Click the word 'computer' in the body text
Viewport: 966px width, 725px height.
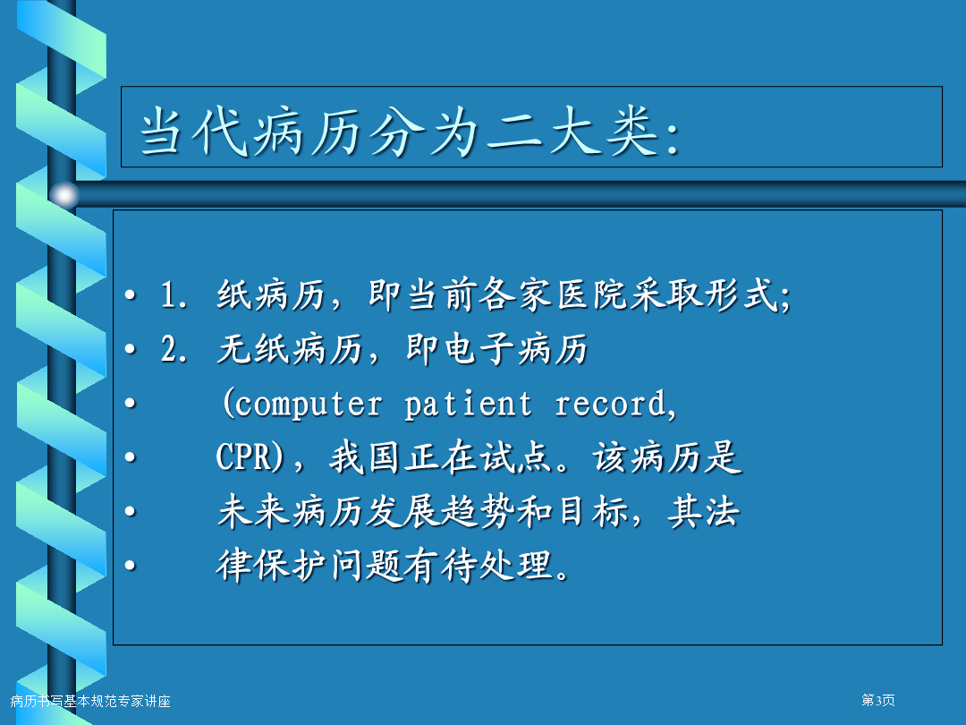[x=309, y=405]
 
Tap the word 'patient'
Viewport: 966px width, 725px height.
[x=468, y=405]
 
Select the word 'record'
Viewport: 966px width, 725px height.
[x=610, y=405]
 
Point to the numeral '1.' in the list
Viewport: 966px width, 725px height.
[x=174, y=294]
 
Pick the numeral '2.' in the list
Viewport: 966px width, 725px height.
[x=174, y=348]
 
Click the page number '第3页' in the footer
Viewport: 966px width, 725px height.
[x=878, y=700]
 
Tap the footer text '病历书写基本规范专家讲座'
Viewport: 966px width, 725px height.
[x=90, y=701]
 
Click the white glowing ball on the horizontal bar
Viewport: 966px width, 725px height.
[x=64, y=195]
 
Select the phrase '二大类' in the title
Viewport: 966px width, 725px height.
[x=572, y=131]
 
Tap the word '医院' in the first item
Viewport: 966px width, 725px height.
[x=593, y=294]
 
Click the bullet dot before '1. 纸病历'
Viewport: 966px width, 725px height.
[x=130, y=294]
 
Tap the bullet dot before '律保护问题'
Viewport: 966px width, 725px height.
[x=130, y=566]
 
